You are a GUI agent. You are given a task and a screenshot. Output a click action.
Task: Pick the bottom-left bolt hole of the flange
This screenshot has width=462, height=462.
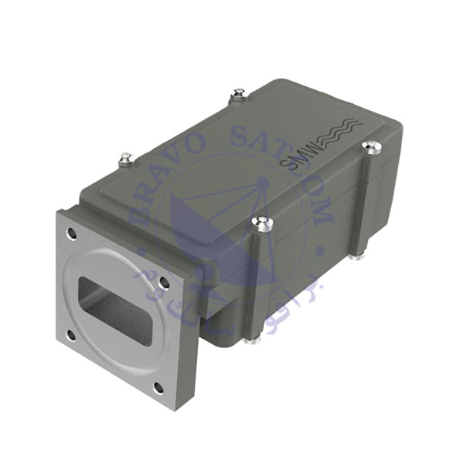pos(71,334)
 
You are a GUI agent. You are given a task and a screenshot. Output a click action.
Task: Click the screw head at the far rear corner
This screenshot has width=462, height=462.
pos(239,95)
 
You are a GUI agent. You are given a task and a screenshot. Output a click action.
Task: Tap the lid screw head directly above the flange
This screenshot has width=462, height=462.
pos(126,159)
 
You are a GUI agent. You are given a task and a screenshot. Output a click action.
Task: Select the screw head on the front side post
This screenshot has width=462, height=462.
pos(263,223)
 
